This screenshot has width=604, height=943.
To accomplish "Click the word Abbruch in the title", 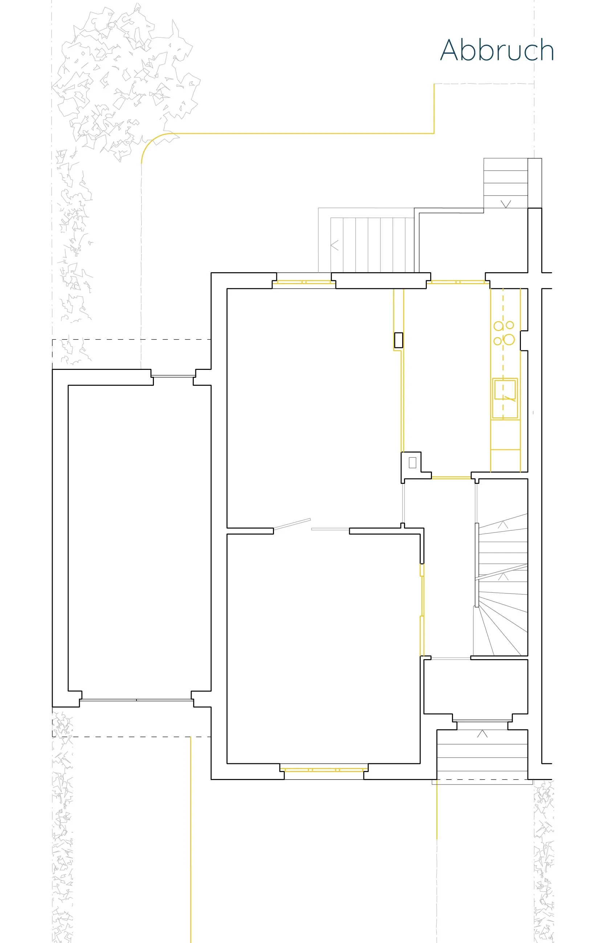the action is (x=497, y=50).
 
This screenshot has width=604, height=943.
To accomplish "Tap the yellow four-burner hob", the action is (x=504, y=333).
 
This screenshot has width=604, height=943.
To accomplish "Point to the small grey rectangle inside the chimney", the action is (x=412, y=463).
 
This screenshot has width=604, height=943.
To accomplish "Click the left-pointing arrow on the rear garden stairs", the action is (x=334, y=245).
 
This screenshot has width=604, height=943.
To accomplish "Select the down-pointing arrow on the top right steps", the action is (x=506, y=204).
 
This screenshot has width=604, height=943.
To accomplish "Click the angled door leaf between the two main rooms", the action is (x=292, y=524).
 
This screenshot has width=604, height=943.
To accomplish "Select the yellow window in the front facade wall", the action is (x=323, y=770).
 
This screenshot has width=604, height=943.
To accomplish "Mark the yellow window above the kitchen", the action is (x=457, y=282).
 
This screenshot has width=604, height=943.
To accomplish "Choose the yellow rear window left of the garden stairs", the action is (x=303, y=282).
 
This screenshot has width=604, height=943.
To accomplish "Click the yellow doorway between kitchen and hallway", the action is (x=451, y=477).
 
